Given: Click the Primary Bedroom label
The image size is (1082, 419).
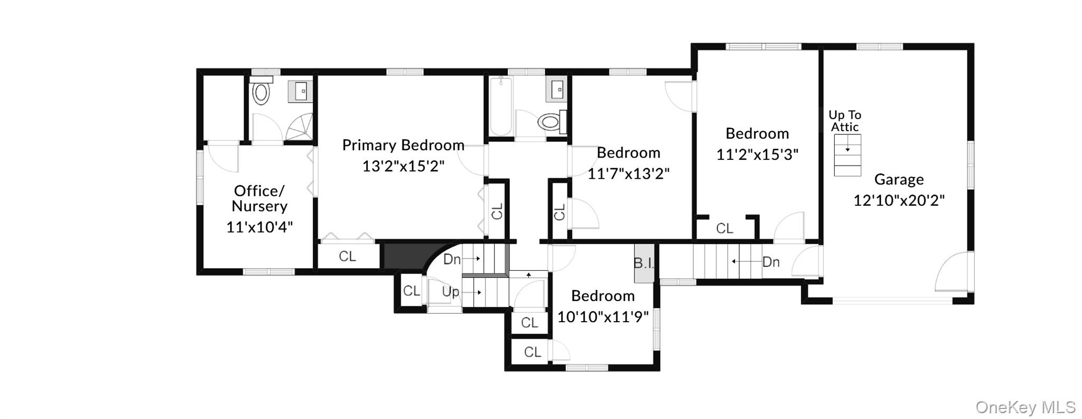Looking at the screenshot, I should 403,145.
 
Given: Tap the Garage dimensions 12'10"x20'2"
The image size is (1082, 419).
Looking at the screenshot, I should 899,201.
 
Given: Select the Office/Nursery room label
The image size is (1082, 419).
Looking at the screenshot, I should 259,198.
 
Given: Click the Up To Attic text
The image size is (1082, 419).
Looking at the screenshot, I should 845,121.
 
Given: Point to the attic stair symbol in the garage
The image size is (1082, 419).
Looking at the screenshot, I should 847,155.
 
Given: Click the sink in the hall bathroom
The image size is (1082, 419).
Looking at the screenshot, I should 557,89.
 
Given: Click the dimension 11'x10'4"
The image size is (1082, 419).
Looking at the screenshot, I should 259,227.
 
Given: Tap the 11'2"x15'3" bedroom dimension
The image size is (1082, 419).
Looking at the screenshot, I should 757,154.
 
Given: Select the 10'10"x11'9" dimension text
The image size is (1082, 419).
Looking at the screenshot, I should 603,317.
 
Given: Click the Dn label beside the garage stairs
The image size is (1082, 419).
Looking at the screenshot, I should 771,261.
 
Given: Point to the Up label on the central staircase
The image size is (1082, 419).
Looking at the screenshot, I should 451,292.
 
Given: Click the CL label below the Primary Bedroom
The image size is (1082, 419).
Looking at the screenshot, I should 347,257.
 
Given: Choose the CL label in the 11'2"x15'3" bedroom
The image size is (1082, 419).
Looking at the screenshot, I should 724,229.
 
